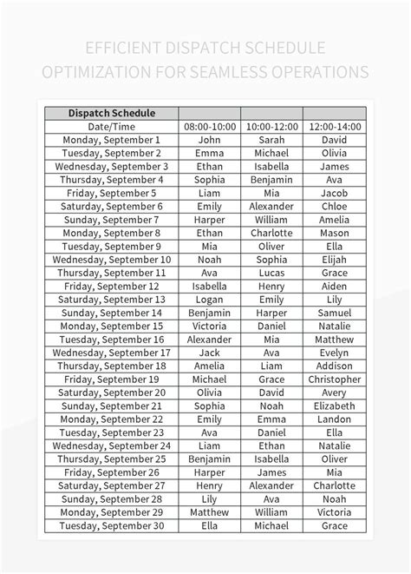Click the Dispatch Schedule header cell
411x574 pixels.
click(x=111, y=113)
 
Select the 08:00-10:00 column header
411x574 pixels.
click(x=210, y=126)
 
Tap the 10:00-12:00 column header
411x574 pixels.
click(x=271, y=126)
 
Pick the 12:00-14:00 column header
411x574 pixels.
click(x=334, y=126)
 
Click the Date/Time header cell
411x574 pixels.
click(x=111, y=126)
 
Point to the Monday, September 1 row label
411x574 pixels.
click(x=111, y=140)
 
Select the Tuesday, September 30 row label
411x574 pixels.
click(x=111, y=525)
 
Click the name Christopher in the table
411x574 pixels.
click(x=334, y=379)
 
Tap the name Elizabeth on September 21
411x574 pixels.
click(x=334, y=406)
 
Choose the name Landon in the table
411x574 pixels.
click(x=334, y=419)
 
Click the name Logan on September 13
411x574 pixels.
click(x=210, y=300)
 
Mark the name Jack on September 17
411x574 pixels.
click(x=210, y=353)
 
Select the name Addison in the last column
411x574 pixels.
click(x=334, y=366)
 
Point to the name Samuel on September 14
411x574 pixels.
click(x=334, y=313)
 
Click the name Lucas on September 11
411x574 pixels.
click(x=271, y=273)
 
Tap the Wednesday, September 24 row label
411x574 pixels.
click(x=111, y=445)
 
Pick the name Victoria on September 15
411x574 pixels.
click(x=210, y=326)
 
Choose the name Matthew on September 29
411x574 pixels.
click(x=210, y=512)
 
